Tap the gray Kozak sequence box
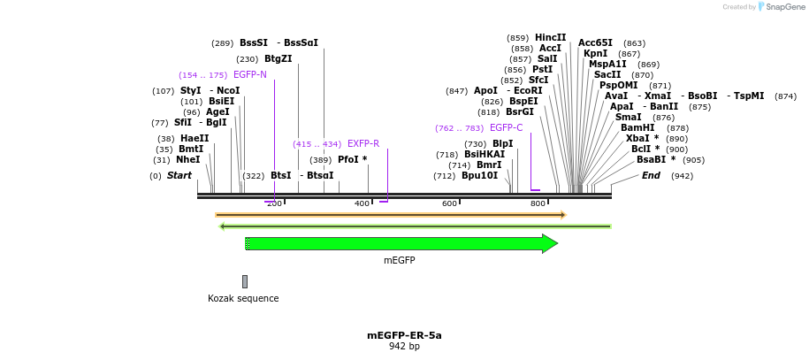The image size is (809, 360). tap(245, 281)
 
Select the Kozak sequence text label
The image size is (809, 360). tap(243, 298)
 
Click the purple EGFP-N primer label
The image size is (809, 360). tap(250, 75)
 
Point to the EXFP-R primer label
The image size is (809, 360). tap(363, 143)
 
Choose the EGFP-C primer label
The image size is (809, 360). tap(507, 127)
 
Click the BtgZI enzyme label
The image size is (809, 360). tap(278, 59)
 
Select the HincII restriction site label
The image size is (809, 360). tap(550, 37)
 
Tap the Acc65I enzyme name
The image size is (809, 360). tap(595, 42)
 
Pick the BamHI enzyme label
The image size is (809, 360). tap(637, 127)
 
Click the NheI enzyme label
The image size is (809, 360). tap(188, 159)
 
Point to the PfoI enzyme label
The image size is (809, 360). tap(352, 159)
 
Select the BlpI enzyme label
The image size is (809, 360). tap(502, 143)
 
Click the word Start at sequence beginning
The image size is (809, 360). tap(179, 175)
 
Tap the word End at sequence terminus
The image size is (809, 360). tap(651, 175)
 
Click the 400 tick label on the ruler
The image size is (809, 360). tap(362, 203)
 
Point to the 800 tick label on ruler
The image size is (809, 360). tap(538, 203)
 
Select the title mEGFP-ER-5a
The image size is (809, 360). tap(404, 335)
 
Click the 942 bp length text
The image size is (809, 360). tap(404, 347)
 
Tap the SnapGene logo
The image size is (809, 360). tap(781, 7)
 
